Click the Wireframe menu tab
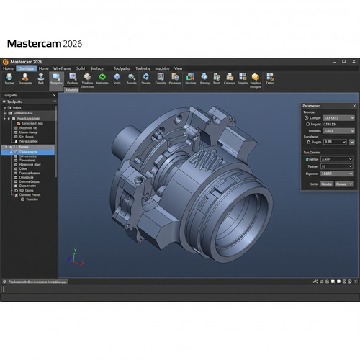tap(62, 68)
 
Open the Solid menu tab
tap(80, 68)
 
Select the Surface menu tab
tap(96, 68)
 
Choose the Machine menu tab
tap(162, 68)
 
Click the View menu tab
tap(178, 68)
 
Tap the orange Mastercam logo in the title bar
tap(5, 62)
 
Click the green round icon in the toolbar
tap(102, 76)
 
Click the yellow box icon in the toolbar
tap(255, 76)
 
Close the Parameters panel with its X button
tap(354, 106)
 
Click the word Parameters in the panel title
tap(317, 106)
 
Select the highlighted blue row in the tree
tap(29, 152)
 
